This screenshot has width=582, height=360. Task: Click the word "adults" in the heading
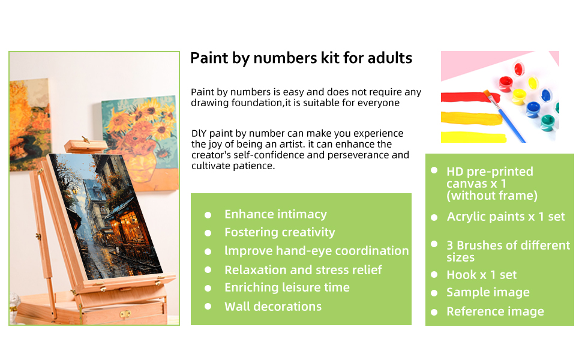coord(389,58)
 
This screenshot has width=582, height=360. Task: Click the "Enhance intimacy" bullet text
coord(275,214)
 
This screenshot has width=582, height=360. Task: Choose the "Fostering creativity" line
coord(280,232)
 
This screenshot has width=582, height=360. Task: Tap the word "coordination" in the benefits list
coord(371,251)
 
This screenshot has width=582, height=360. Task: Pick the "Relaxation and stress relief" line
coord(303,270)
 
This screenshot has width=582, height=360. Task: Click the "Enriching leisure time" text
coord(287,287)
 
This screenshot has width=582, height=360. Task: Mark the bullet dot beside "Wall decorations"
coord(208,306)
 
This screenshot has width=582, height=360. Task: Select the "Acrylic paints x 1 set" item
coord(506,217)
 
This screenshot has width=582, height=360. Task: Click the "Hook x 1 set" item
coord(481,275)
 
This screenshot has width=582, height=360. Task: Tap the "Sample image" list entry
coord(488,292)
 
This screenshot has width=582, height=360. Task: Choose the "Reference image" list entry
coord(495,311)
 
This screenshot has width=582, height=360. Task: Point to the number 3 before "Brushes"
coord(450,245)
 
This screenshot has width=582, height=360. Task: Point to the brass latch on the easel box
coord(125,313)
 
